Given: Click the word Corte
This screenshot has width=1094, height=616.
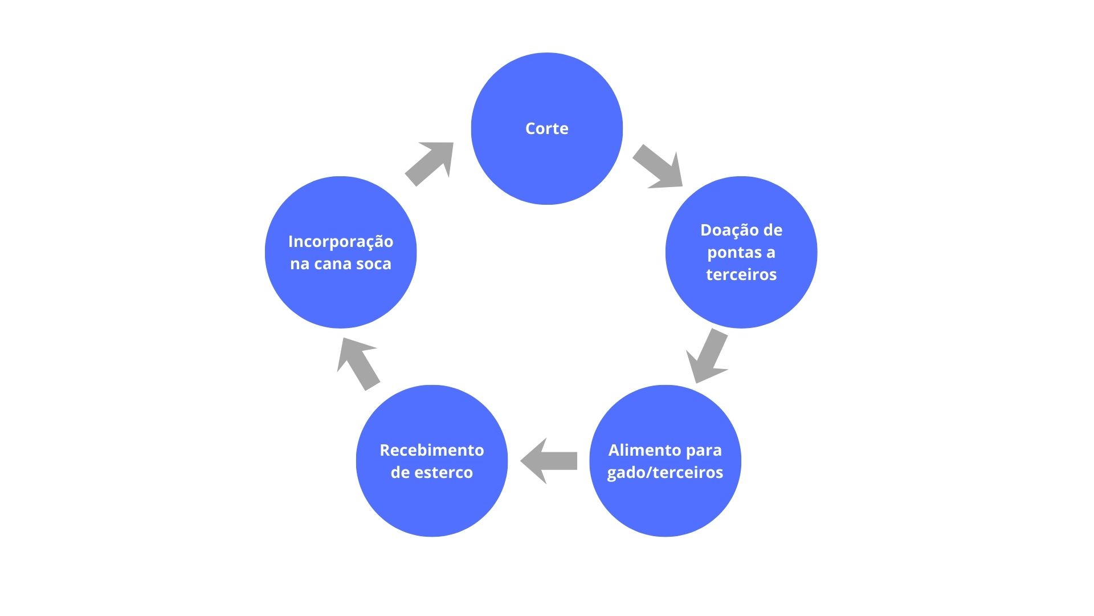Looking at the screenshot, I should [546, 129].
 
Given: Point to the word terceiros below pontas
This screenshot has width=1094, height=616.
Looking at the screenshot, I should [741, 275].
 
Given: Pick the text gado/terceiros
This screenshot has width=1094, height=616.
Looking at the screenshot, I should [665, 473].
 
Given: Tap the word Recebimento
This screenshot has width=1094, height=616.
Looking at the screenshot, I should [431, 451].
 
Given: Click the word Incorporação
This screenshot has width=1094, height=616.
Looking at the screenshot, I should [341, 242].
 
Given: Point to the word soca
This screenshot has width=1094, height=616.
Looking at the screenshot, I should [373, 264].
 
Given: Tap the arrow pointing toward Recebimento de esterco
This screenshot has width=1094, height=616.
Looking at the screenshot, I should [548, 461].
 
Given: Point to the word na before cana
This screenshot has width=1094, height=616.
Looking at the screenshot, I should [299, 264].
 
